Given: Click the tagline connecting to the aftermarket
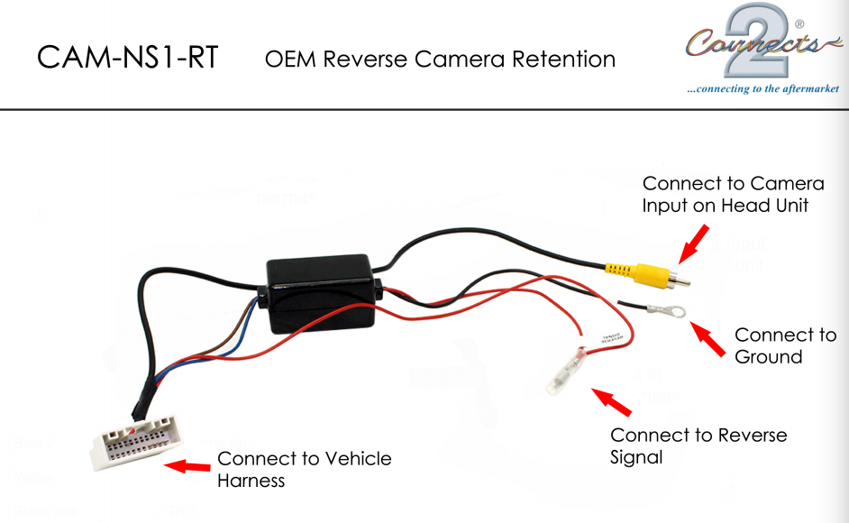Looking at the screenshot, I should (x=762, y=88).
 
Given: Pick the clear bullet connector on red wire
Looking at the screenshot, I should (x=566, y=373).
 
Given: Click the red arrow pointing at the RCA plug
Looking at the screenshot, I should (x=693, y=243).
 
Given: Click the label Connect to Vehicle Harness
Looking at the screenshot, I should (x=305, y=469).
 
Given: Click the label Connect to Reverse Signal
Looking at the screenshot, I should (x=698, y=445).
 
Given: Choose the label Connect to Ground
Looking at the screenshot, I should (x=785, y=345).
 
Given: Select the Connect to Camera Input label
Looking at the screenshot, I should (x=733, y=195).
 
